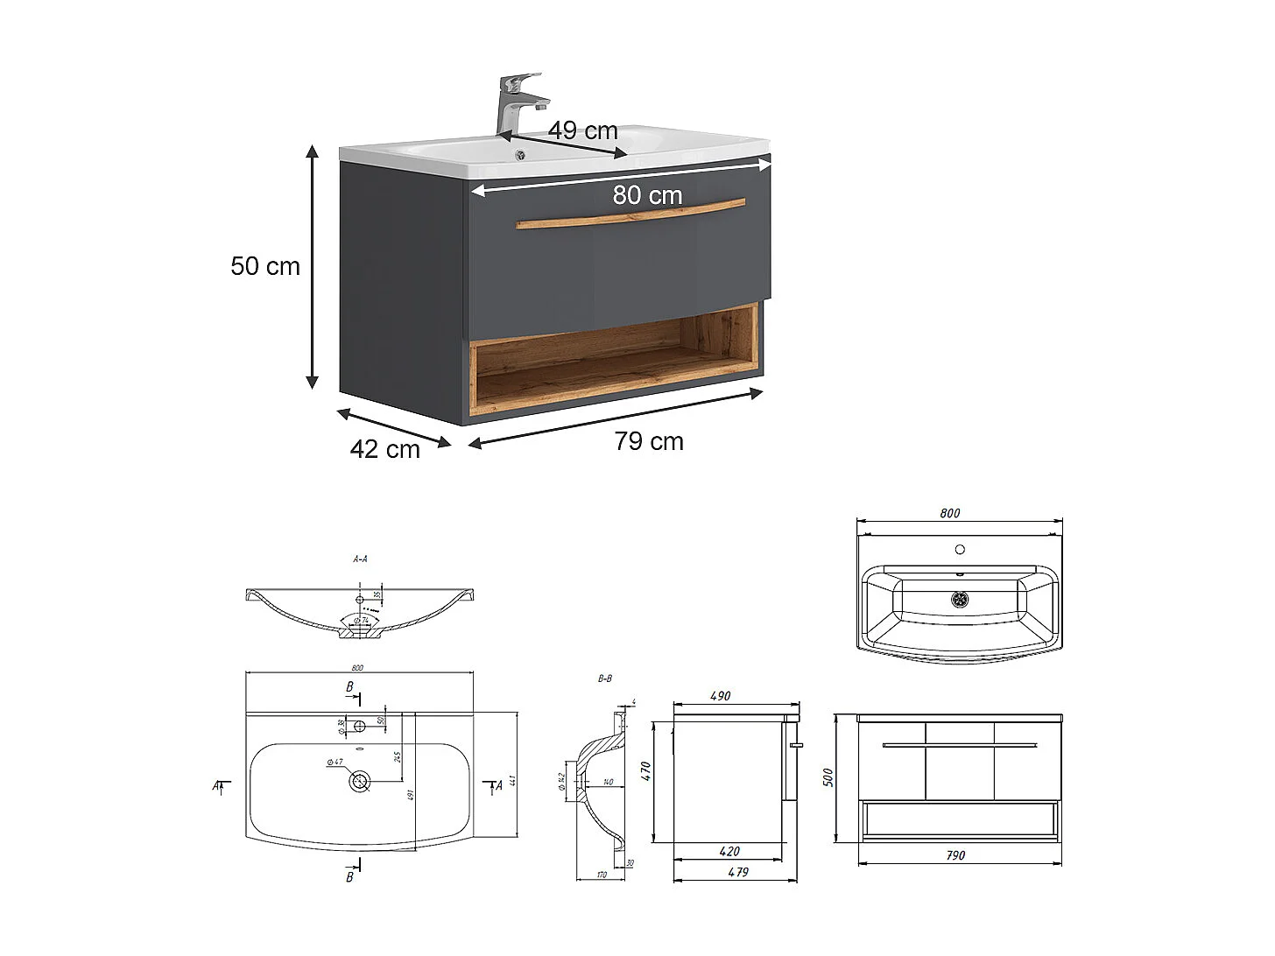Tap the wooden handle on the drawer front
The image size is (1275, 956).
coord(630,214)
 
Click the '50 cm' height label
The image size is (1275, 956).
coord(264,266)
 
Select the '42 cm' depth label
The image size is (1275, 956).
coord(385,449)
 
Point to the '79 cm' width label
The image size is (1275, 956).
coord(648,441)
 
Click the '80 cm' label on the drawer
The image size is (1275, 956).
coord(647,195)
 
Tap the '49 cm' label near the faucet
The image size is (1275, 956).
coord(582,131)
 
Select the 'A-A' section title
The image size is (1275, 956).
coord(360,559)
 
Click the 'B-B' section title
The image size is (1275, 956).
coord(605,678)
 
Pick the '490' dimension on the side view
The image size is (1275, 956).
coord(720,696)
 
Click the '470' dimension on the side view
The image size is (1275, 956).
coord(646,771)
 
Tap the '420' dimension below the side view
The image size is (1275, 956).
coord(729,851)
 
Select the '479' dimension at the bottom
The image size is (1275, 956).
coord(738,872)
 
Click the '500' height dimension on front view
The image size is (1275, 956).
coord(828,777)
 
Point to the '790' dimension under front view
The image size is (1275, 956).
coord(955,855)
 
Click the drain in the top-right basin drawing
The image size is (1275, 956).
coord(961,600)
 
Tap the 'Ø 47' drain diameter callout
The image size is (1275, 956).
coord(335,763)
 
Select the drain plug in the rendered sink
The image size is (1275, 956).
coord(520,156)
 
